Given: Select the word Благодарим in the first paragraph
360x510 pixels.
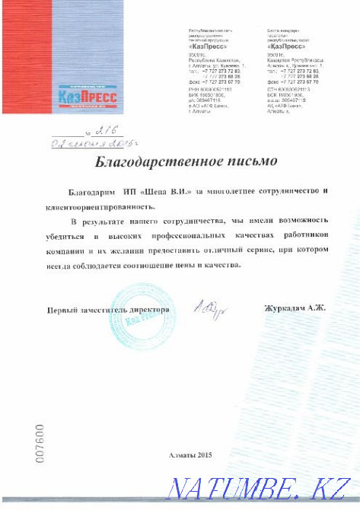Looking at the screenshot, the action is [89, 192].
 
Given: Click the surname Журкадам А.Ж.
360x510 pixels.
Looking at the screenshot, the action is [293, 308].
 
